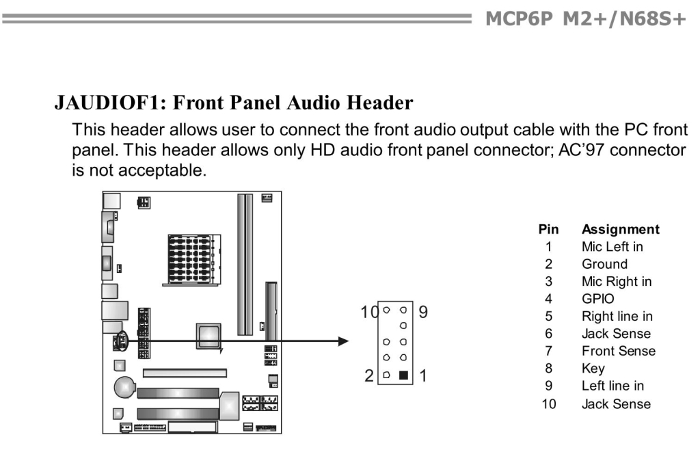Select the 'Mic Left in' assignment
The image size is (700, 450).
coord(612,246)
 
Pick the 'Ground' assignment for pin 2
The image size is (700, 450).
coord(604,264)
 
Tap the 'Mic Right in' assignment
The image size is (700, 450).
coord(616,281)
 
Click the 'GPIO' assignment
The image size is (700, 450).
coord(597,299)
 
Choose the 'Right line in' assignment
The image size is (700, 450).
coord(617,316)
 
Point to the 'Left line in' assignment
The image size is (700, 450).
coord(612,386)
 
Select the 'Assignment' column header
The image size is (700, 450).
coord(620,229)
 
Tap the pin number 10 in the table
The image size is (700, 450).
coord(549,403)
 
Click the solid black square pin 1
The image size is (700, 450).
coord(403,375)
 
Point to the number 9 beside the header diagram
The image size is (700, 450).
coord(422,313)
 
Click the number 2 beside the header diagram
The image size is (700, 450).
coord(370,375)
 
